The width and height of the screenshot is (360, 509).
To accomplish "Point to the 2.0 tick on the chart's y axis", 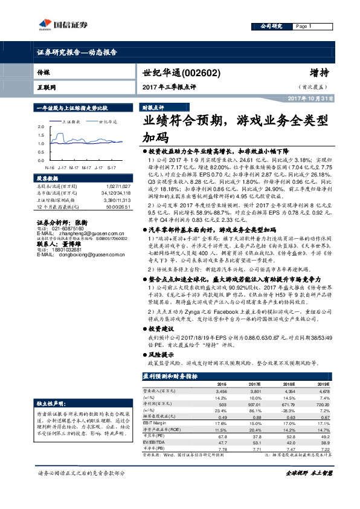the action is click(40, 126).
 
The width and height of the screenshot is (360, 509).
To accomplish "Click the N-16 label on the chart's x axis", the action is click(50, 167).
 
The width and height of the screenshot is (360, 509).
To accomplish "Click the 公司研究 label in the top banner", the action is click(271, 27).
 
